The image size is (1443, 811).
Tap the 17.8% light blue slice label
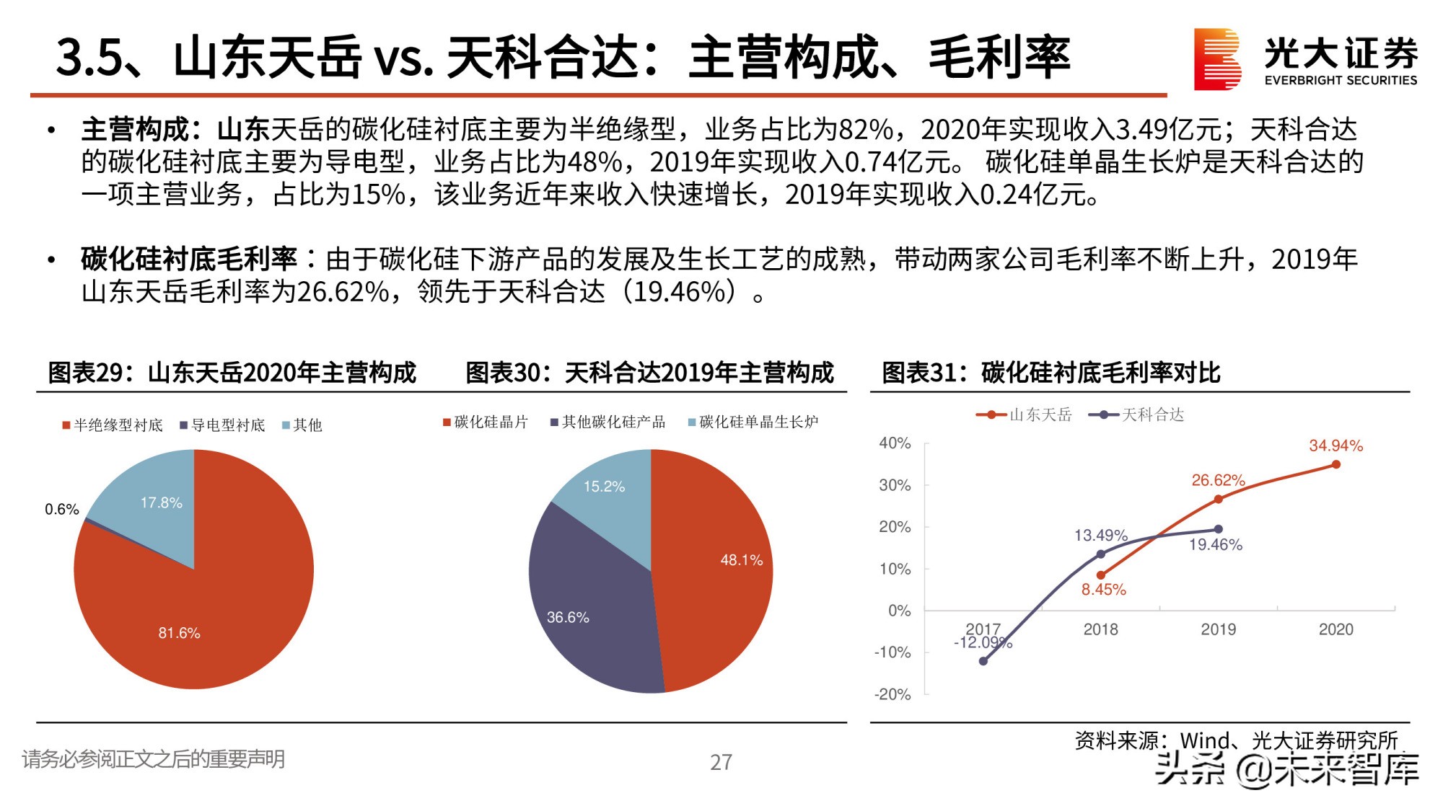click(x=161, y=502)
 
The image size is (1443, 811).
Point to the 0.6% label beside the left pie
click(x=62, y=510)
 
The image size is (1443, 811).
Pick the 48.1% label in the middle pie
click(x=741, y=560)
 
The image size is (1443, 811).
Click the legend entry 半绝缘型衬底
click(x=113, y=425)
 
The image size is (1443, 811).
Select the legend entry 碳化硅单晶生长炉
click(x=754, y=422)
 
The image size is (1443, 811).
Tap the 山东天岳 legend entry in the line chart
click(x=1025, y=415)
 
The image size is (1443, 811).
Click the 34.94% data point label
click(x=1335, y=446)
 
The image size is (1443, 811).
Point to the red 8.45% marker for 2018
click(x=1100, y=575)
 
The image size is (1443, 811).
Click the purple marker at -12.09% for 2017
click(x=983, y=661)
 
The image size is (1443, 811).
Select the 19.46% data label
click(x=1215, y=545)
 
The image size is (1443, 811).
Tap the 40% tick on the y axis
click(x=895, y=443)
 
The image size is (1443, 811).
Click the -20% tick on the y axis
click(x=892, y=694)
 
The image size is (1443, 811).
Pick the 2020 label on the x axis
click(x=1335, y=629)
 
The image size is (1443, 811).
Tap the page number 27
click(x=721, y=762)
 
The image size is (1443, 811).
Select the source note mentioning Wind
click(x=1236, y=740)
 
